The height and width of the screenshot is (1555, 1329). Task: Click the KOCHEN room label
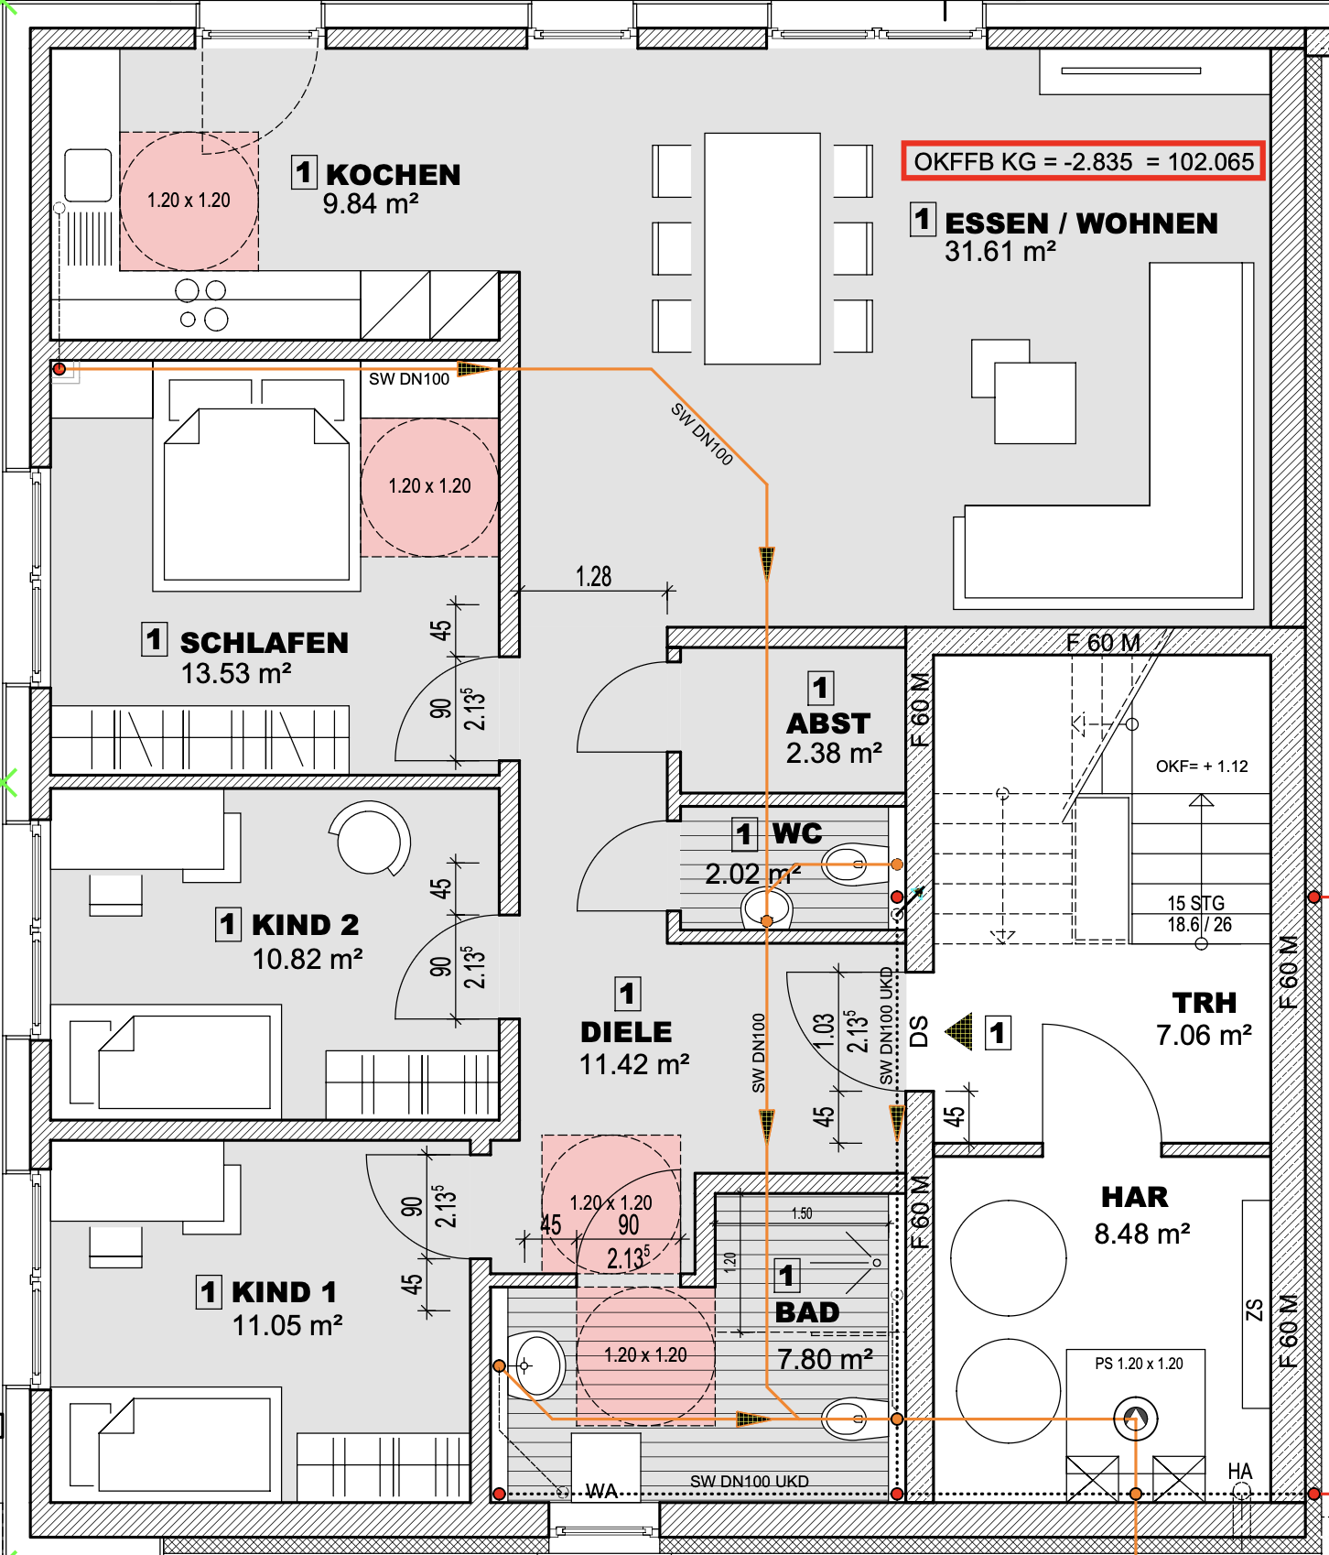394,174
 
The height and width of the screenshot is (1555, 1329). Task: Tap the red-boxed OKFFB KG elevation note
1084,161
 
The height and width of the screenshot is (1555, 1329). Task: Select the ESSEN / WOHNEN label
1081,223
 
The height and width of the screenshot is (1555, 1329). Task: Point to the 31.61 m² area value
1000,251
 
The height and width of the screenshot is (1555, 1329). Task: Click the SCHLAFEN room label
264,643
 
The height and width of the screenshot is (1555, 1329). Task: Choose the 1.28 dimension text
593,577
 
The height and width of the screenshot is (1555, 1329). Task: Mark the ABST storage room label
828,723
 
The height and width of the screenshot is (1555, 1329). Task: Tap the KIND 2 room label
306,925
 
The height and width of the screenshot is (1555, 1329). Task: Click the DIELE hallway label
626,1032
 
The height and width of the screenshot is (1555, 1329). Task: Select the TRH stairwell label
1205,1003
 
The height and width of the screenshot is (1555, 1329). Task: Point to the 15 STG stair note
1195,903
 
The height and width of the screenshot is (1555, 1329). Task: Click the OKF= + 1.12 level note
1202,767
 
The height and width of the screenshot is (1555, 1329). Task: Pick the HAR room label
1135,1197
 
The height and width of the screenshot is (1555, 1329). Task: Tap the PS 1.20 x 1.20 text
1139,1364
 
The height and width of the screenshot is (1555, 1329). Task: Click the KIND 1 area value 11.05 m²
287,1325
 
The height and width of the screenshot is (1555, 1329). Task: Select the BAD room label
807,1312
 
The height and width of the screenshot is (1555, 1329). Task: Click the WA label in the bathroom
601,1491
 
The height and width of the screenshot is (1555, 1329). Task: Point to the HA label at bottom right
1240,1471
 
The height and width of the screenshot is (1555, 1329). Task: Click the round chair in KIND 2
370,839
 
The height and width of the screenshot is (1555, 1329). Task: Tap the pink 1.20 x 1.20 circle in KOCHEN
189,201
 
